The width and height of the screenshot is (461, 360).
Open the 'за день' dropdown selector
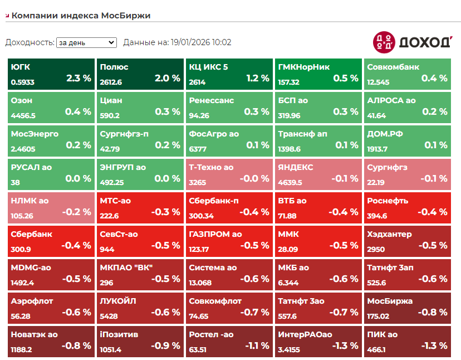pyautogui.click(x=86, y=42)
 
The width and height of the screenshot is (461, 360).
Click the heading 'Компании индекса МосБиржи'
pyautogui.click(x=81, y=16)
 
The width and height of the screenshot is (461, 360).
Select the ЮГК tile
pyautogui.click(x=51, y=73)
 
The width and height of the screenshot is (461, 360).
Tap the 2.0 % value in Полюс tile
pyautogui.click(x=168, y=79)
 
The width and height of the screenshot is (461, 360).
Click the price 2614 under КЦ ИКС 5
pyautogui.click(x=197, y=82)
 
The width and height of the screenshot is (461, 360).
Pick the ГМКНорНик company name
pyautogui.click(x=303, y=67)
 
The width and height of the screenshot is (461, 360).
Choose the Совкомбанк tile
pyautogui.click(x=407, y=73)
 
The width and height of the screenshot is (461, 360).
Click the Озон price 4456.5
pyautogui.click(x=23, y=115)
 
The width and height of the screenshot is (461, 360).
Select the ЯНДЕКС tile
pyautogui.click(x=318, y=173)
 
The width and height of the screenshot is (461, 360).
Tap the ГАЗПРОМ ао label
pyautogui.click(x=215, y=234)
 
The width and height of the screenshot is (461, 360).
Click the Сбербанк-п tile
pyautogui.click(x=229, y=207)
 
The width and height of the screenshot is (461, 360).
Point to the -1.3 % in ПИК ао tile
pyautogui.click(x=434, y=346)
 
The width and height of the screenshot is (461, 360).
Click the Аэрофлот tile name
pyautogui.click(x=32, y=301)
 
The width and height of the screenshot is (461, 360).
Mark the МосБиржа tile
pyautogui.click(x=407, y=307)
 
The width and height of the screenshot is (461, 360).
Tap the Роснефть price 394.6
pyautogui.click(x=377, y=216)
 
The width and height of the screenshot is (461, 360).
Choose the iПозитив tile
pyautogui.click(x=140, y=340)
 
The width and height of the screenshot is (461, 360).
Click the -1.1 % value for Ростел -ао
pyautogui.click(x=256, y=346)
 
